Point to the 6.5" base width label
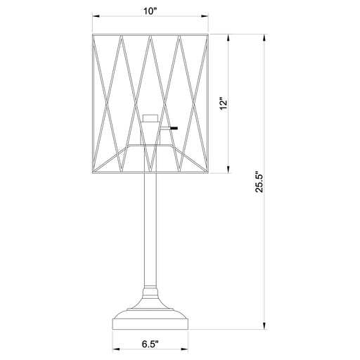[150, 345]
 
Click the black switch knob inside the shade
[172, 128]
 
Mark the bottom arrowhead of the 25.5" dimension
[264, 328]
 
